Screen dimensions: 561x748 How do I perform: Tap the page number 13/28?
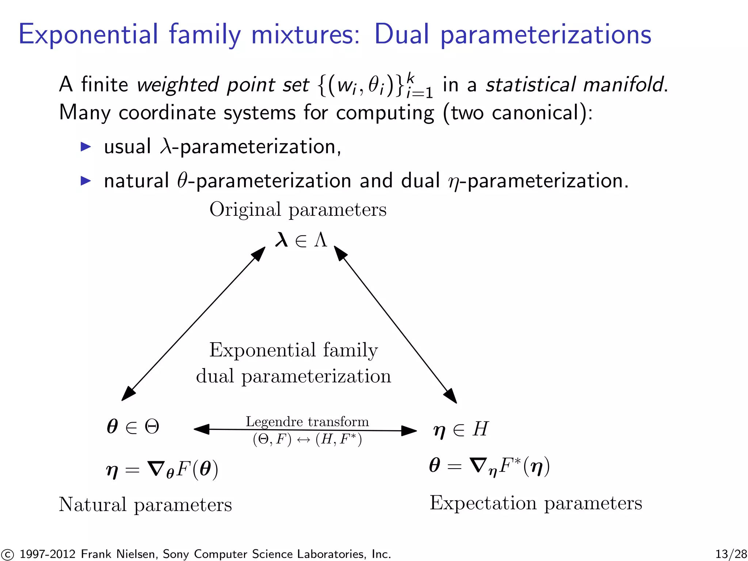click(731, 554)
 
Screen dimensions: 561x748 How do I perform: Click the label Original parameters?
click(298, 210)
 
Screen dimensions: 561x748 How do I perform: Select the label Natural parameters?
click(145, 505)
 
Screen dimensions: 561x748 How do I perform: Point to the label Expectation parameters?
click(536, 503)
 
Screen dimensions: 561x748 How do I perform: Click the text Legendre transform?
click(307, 422)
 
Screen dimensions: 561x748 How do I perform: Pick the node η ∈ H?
click(461, 430)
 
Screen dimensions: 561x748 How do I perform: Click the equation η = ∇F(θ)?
click(162, 470)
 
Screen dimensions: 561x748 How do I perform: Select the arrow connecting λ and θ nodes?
click(194, 323)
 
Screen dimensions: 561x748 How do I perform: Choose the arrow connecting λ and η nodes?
click(395, 325)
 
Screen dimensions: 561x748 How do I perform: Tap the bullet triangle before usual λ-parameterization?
click(86, 147)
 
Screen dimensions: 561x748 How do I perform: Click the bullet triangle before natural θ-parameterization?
click(86, 181)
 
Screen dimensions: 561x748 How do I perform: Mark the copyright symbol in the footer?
click(7, 554)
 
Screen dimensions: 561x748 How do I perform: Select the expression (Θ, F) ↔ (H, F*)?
click(307, 439)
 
